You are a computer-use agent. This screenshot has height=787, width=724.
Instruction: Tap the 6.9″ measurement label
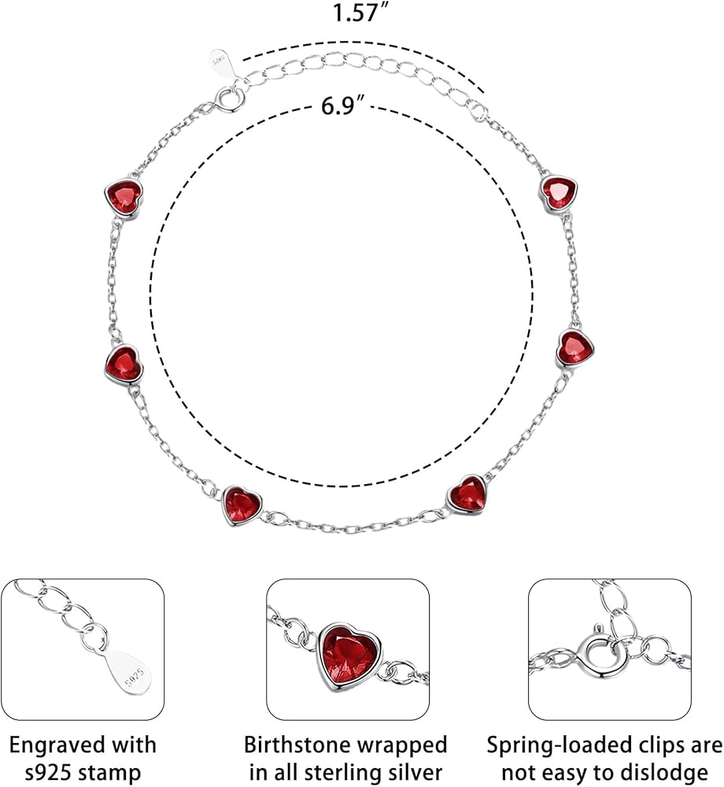(342, 105)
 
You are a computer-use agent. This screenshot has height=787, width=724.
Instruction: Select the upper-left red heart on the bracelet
(125, 194)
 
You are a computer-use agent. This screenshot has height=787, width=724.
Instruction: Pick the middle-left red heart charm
(123, 363)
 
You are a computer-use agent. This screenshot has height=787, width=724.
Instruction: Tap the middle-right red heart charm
(575, 347)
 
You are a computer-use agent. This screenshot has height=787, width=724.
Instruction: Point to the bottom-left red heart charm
(242, 504)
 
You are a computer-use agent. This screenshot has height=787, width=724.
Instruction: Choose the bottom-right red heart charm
(467, 494)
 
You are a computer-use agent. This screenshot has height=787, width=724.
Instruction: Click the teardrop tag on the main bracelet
(221, 62)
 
